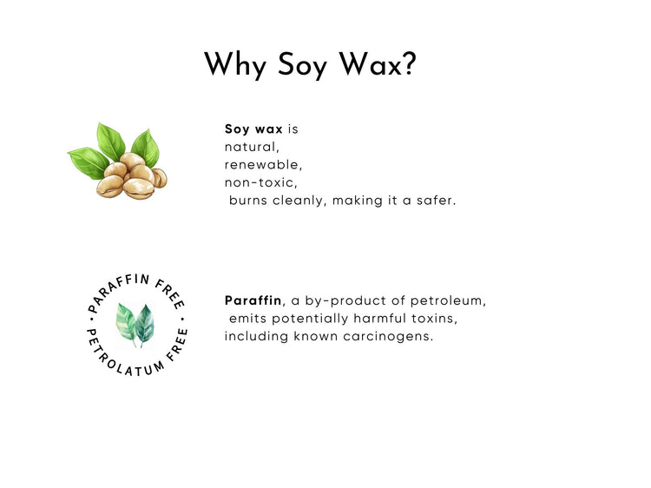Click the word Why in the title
(x=235, y=65)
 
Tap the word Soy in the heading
(x=302, y=65)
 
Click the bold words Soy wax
(x=253, y=129)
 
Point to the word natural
(x=250, y=147)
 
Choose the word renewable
(x=261, y=165)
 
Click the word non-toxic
(x=259, y=182)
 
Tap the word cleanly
(x=297, y=201)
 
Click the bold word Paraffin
(x=253, y=300)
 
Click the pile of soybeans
(x=131, y=177)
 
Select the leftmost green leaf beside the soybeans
(x=89, y=162)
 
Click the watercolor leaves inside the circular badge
(x=135, y=325)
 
